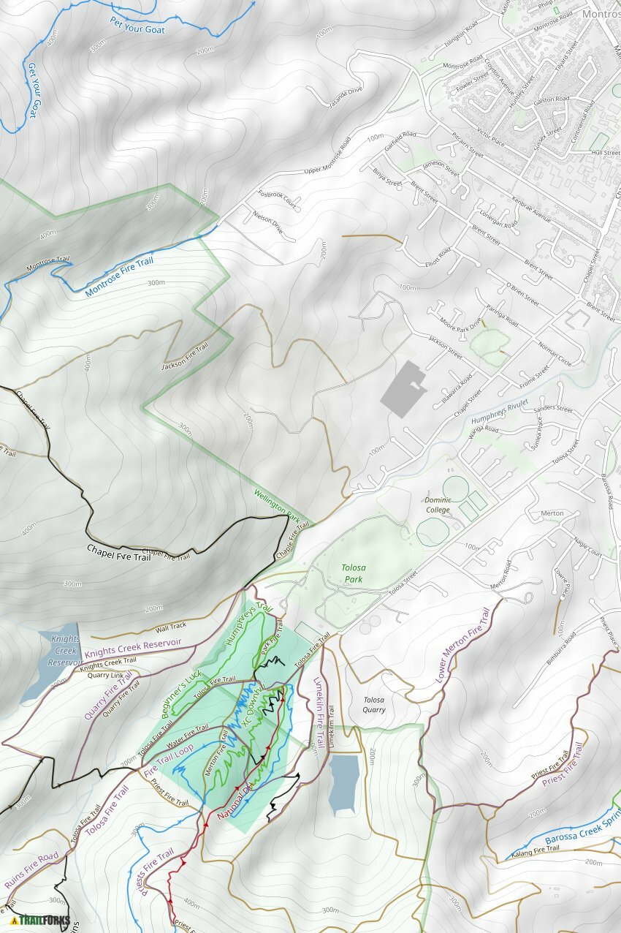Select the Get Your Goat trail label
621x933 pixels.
click(31, 90)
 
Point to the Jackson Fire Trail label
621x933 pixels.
click(185, 356)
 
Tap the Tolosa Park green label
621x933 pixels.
click(354, 574)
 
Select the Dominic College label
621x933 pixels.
click(438, 505)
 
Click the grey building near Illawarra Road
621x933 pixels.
click(403, 388)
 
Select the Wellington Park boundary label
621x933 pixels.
click(278, 505)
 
